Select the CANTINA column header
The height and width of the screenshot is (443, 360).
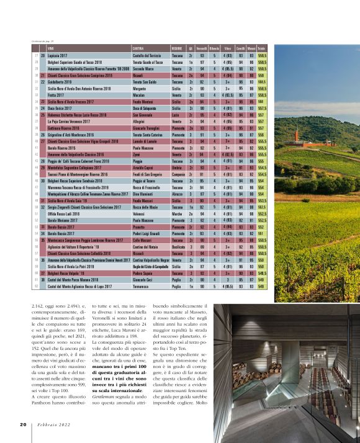(x=139, y=48)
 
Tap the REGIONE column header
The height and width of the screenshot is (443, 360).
(x=177, y=48)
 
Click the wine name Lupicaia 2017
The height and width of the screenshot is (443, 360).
(x=60, y=56)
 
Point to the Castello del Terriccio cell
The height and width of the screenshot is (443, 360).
(x=148, y=56)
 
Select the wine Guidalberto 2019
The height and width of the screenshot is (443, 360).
(x=62, y=82)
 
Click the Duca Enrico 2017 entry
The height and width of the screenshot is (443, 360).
(x=60, y=108)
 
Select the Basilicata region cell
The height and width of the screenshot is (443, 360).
(x=179, y=246)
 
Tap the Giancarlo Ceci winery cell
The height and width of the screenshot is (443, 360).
(x=143, y=279)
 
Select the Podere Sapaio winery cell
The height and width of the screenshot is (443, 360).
(x=143, y=272)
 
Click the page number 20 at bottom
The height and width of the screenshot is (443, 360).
(x=22, y=424)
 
